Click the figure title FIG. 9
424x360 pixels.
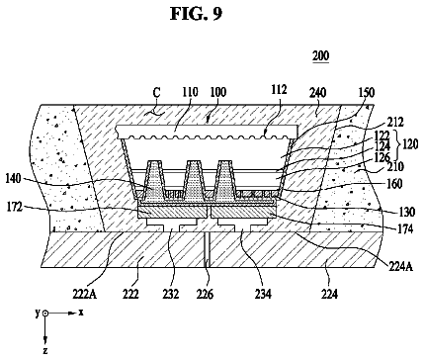point(197,14)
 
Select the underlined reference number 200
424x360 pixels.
point(320,56)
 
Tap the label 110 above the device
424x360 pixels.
point(189,92)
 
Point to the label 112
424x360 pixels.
point(279,90)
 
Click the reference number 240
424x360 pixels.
point(317,93)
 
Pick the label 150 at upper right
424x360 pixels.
point(367,93)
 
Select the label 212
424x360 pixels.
point(394,123)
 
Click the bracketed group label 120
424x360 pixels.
point(410,144)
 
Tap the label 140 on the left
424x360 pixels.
point(13,179)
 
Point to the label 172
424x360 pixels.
point(15,208)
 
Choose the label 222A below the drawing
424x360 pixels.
point(85,294)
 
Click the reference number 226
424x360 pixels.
point(205,294)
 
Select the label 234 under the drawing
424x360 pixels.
point(263,294)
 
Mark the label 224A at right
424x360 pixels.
point(401,266)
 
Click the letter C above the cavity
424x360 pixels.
point(157,93)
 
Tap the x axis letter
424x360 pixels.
point(81,313)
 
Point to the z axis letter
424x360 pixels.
point(45,350)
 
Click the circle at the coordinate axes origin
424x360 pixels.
point(45,314)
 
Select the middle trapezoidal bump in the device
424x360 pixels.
point(194,180)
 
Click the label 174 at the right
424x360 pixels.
point(405,228)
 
